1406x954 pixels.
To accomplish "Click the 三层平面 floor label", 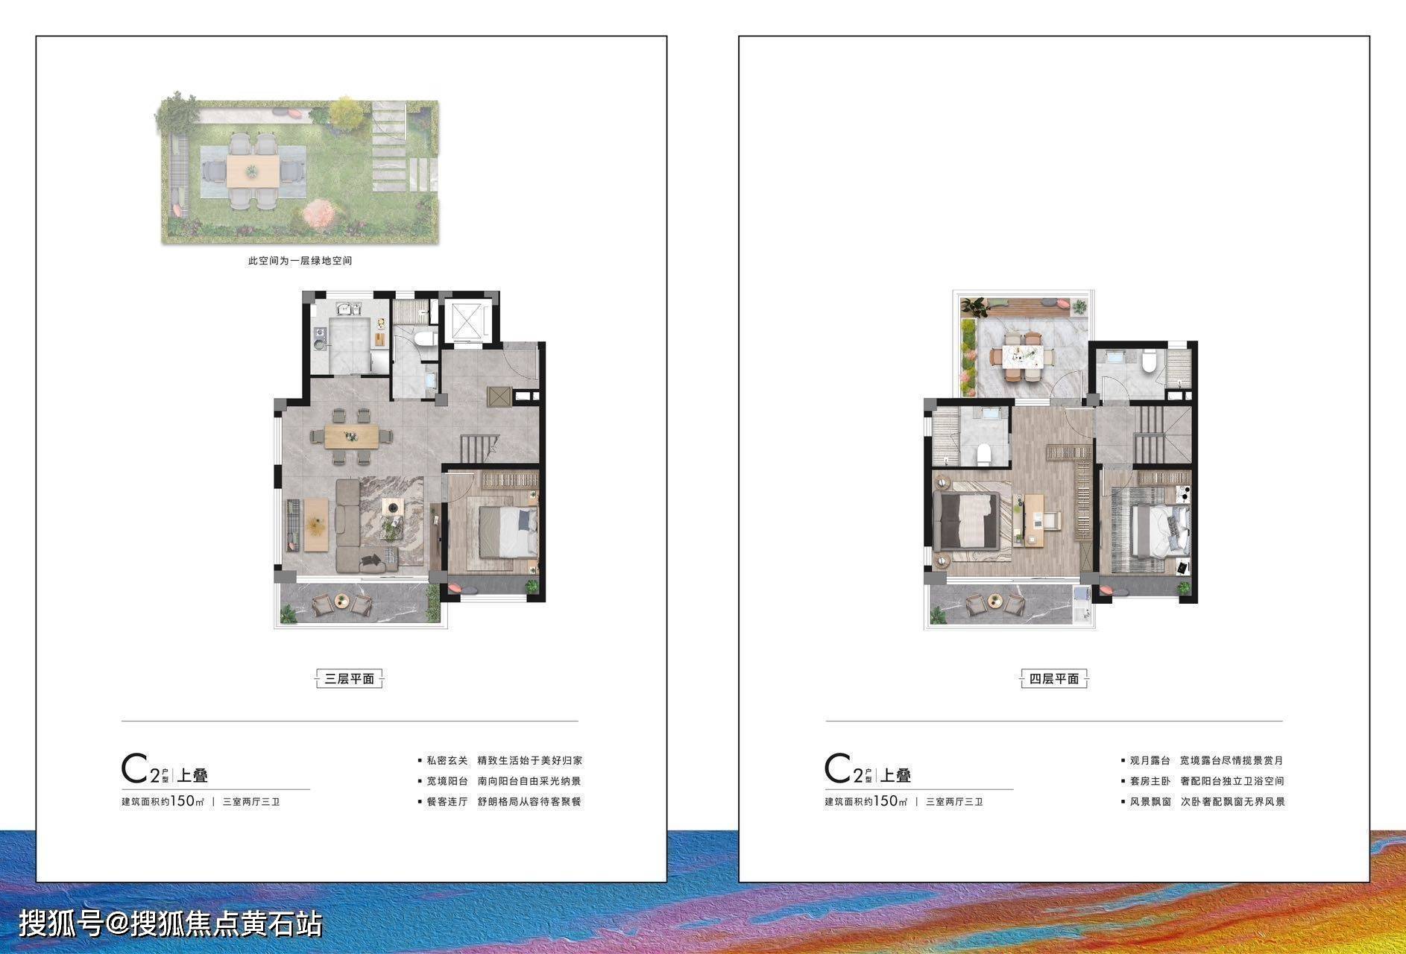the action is (x=349, y=679).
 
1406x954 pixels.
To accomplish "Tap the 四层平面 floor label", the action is (x=1053, y=679).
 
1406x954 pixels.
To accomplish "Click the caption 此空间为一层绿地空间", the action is (x=300, y=261).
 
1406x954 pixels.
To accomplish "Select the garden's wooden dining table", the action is (x=253, y=171).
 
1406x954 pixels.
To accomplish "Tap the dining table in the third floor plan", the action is (x=353, y=435).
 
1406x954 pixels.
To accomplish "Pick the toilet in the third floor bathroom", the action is (x=425, y=339).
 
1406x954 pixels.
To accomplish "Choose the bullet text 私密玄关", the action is (x=447, y=761).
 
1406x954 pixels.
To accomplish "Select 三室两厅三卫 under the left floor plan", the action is (x=251, y=802).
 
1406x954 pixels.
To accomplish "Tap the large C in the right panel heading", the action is (x=839, y=769).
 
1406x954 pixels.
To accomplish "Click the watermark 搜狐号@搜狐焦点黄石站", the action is (x=171, y=924).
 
